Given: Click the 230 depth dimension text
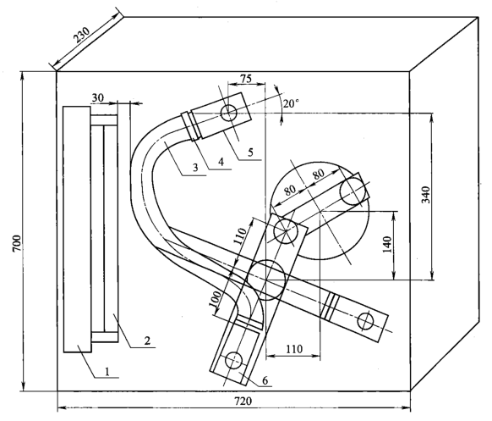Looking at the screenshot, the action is point(82,35).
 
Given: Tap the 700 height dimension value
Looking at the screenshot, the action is point(18,243).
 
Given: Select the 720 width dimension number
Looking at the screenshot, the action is point(243,402).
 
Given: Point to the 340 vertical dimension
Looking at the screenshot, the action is point(426,195).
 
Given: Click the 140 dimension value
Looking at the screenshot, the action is point(387,244).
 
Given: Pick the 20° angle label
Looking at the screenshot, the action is point(291,103).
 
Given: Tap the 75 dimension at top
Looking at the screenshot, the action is point(246,79).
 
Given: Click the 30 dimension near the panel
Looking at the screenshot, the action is point(97,98).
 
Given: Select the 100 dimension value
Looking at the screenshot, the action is point(216,299).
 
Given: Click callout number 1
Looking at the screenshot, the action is point(107,372).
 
